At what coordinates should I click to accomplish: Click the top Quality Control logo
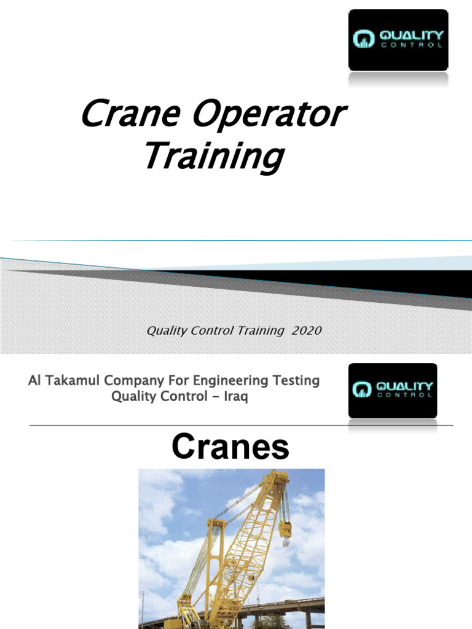398,40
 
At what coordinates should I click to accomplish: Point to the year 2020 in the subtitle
307,330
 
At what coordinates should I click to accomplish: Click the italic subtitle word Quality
167,330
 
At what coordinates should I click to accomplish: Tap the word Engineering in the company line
234,381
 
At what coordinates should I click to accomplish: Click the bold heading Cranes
230,447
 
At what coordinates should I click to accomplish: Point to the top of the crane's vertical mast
214,523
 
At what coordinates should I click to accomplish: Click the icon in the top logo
361,41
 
